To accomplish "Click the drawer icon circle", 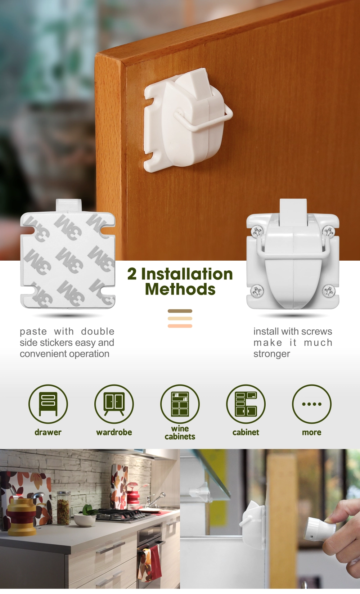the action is [x=48, y=404].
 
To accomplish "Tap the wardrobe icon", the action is [x=114, y=404].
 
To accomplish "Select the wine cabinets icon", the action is [x=180, y=404].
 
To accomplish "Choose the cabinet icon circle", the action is [x=246, y=404].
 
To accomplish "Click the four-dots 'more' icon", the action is [x=312, y=404].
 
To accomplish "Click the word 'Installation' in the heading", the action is [x=187, y=274].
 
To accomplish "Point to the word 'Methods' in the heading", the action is [x=180, y=289].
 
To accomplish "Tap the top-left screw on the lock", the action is [x=257, y=232].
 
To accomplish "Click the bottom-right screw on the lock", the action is [x=329, y=291].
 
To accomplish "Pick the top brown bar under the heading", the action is [x=180, y=311].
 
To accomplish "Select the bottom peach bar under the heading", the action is [x=180, y=326].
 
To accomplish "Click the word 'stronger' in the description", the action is [x=272, y=354].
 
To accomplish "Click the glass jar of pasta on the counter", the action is [x=64, y=508].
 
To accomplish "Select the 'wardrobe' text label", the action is [x=114, y=432].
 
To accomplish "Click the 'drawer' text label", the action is [x=48, y=432].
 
